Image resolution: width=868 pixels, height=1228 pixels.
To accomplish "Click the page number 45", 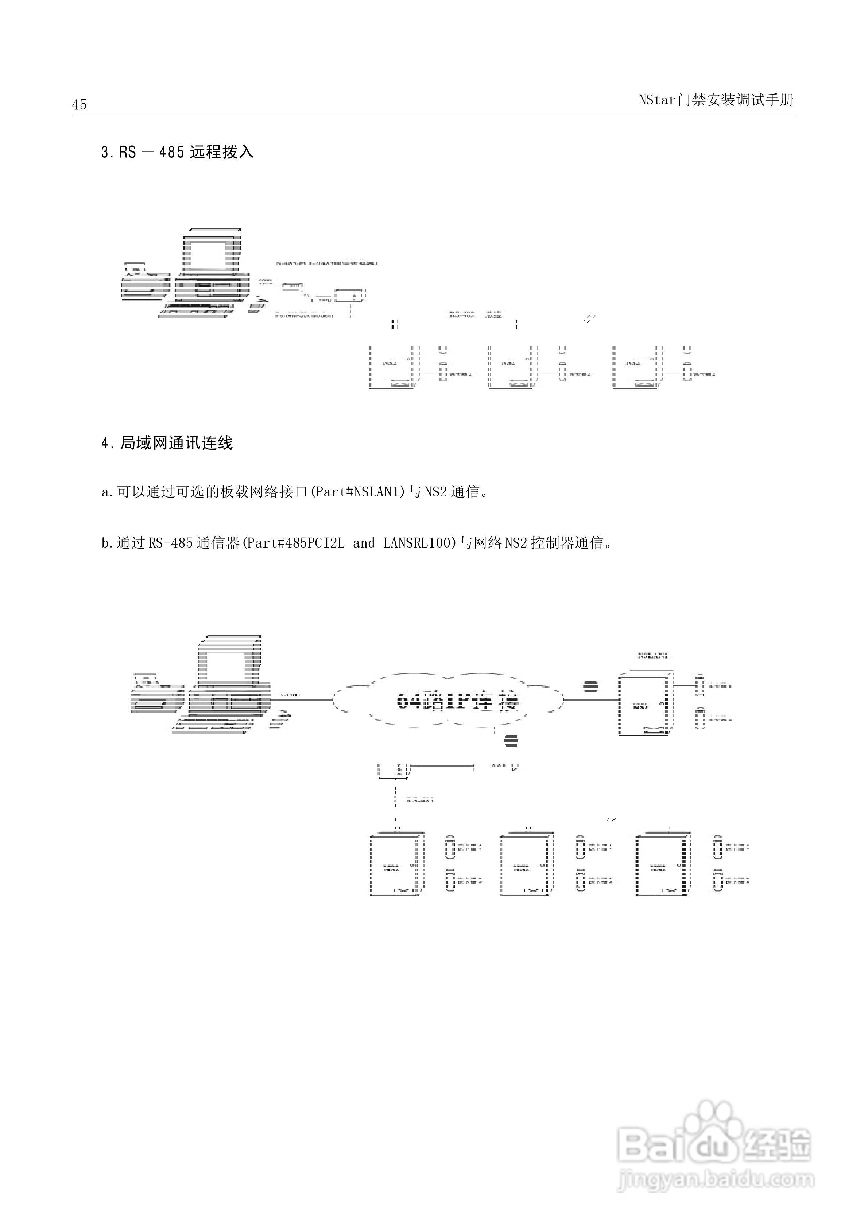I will point(79,104).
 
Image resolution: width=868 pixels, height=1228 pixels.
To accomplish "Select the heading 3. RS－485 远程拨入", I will point(177,153).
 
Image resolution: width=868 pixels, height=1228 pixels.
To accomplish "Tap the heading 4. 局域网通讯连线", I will point(167,444).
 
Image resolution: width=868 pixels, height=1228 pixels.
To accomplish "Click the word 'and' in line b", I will point(364,544).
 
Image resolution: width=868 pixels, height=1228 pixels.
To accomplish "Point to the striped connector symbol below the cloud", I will point(511,740).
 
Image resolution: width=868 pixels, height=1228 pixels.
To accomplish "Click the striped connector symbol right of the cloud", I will point(590,686).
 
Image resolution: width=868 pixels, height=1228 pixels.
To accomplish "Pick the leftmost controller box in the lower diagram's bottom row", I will point(396,864).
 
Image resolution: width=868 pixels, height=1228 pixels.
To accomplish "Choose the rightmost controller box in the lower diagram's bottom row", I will point(662,864).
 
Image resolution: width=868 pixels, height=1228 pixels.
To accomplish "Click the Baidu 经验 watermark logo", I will point(713,1142).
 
